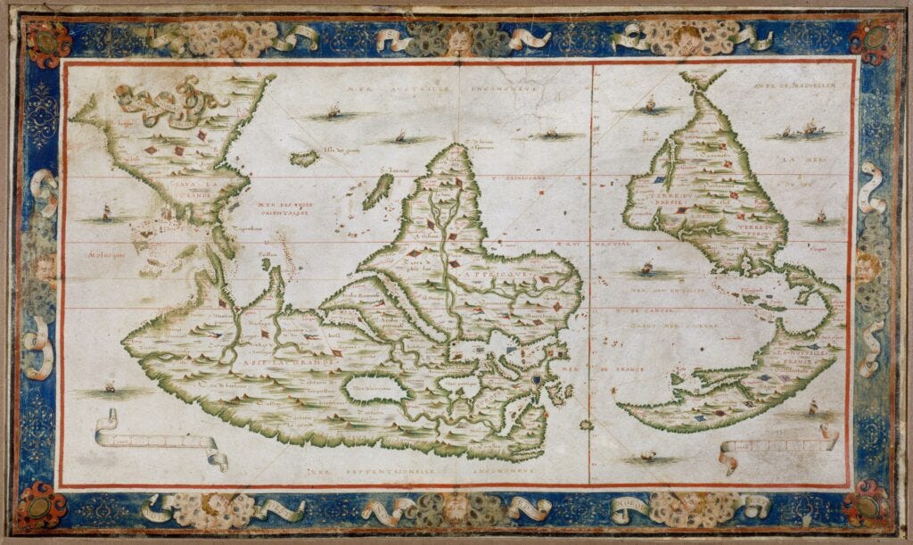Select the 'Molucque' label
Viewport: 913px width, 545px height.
85,253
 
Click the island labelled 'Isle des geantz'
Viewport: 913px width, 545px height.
305,158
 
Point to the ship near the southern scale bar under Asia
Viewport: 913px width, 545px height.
110,389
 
